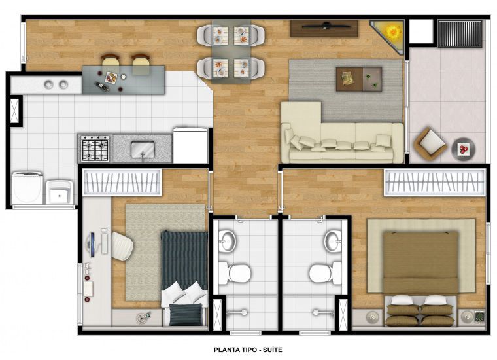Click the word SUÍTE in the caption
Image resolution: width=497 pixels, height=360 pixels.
click(271, 350)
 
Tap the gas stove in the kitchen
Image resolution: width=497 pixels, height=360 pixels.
click(95, 149)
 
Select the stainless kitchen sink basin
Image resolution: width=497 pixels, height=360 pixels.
click(143, 149)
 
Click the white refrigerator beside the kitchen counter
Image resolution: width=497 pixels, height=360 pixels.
click(190, 145)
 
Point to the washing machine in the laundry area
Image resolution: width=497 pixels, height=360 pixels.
click(27, 188)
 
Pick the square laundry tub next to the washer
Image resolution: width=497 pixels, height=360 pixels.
click(60, 192)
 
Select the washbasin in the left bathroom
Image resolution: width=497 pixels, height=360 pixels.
click(228, 241)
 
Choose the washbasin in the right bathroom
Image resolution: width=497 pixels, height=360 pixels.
click(332, 241)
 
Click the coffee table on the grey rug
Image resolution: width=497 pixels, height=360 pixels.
click(359, 79)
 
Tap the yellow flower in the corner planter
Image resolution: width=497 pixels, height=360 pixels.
click(394, 31)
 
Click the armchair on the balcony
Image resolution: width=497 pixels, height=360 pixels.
click(430, 142)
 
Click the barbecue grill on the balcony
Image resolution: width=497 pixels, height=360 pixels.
click(460, 33)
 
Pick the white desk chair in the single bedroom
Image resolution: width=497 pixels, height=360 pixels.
click(122, 246)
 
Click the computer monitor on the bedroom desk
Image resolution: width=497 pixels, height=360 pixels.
click(92, 245)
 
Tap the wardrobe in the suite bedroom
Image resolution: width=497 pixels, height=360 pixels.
click(435, 183)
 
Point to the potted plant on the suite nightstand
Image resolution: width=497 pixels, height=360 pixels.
click(479, 316)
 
